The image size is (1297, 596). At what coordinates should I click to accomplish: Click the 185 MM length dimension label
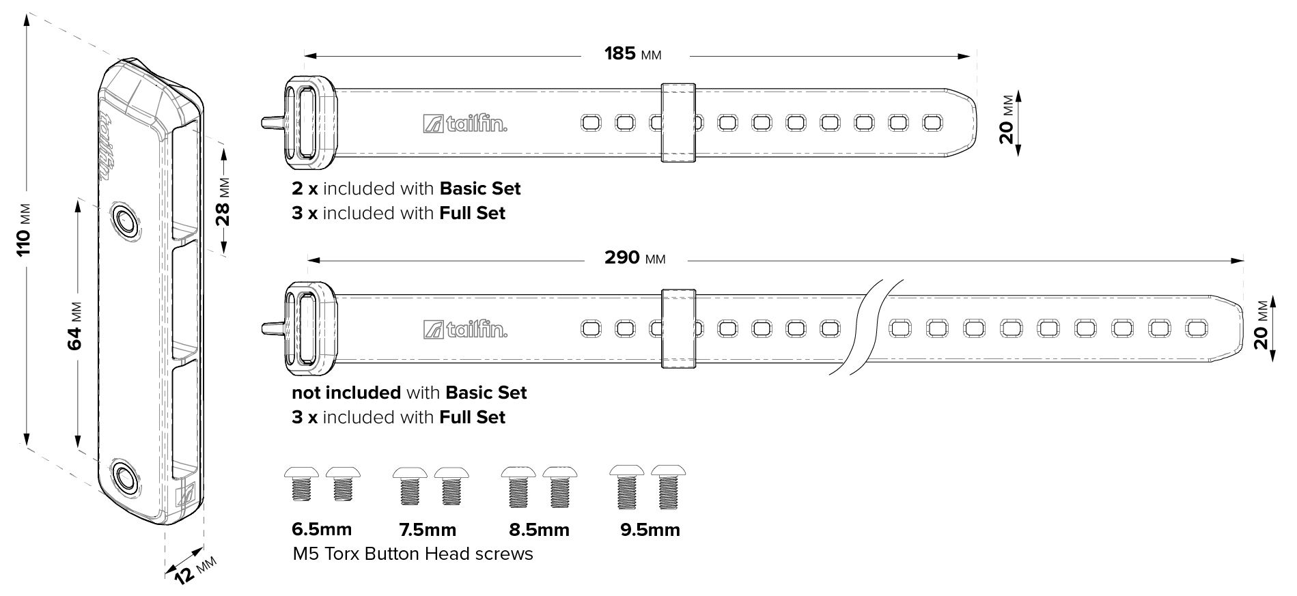pyautogui.click(x=633, y=53)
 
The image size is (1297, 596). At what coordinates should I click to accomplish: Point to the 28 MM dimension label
pyautogui.click(x=223, y=202)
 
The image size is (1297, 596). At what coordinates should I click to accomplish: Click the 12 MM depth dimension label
pyautogui.click(x=193, y=568)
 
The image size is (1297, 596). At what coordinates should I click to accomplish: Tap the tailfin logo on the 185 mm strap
pyautogui.click(x=465, y=124)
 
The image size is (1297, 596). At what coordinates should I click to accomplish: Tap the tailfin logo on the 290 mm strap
pyautogui.click(x=465, y=329)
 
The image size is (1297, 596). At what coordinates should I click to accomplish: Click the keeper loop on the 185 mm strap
pyautogui.click(x=678, y=123)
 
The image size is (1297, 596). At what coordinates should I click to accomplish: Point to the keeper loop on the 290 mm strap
pyautogui.click(x=679, y=329)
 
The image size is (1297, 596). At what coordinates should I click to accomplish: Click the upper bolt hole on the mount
pyautogui.click(x=125, y=221)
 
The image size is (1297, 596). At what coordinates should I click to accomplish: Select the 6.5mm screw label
pyautogui.click(x=322, y=529)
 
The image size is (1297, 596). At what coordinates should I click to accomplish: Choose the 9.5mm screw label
pyautogui.click(x=650, y=530)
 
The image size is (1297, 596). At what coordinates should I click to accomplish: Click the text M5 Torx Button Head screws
pyautogui.click(x=413, y=554)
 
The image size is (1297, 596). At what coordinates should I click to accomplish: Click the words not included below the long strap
pyautogui.click(x=346, y=393)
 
